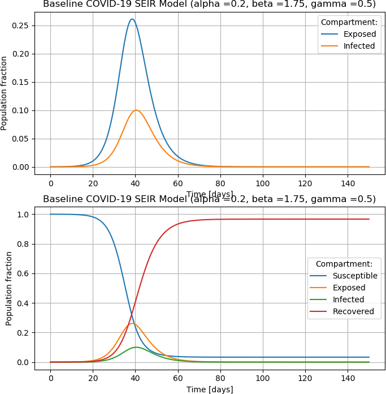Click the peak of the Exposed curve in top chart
pyautogui.click(x=132, y=19)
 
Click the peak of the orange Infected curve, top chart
pyautogui.click(x=136, y=110)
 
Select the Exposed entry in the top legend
pyautogui.click(x=359, y=34)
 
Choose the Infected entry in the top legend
pyautogui.click(x=359, y=46)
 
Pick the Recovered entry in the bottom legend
pyautogui.click(x=353, y=311)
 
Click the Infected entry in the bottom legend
pyautogui.click(x=348, y=299)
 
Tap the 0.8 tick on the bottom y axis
pyautogui.click(x=24, y=244)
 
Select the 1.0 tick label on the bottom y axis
pyautogui.click(x=24, y=215)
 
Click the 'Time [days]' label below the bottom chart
pyautogui.click(x=210, y=389)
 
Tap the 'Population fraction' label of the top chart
pyautogui.click(x=5, y=93)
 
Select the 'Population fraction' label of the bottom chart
pyautogui.click(x=9, y=288)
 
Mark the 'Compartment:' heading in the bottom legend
pyautogui.click(x=344, y=264)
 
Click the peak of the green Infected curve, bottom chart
pyautogui.click(x=136, y=347)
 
